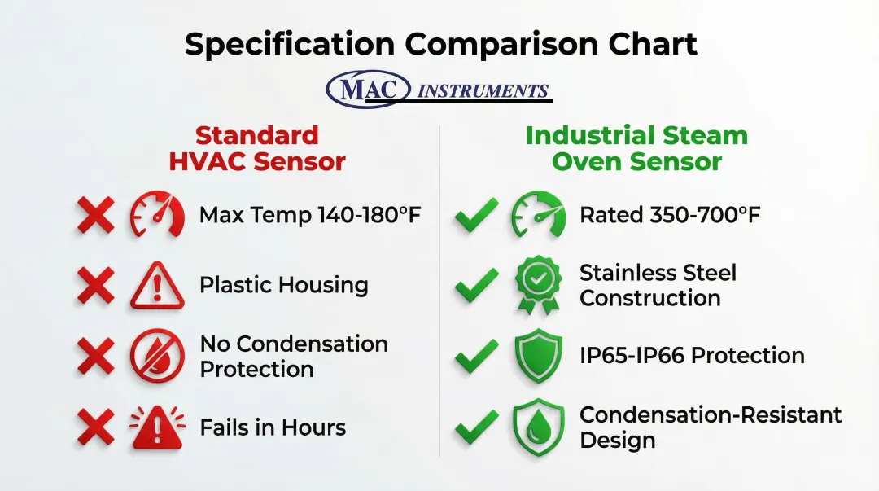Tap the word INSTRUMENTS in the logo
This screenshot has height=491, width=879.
[x=483, y=91]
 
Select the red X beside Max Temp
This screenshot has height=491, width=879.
[x=96, y=215]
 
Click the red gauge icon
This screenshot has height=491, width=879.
[x=158, y=214]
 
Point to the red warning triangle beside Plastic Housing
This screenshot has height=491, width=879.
[x=158, y=285]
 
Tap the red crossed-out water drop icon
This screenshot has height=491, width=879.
[x=158, y=356]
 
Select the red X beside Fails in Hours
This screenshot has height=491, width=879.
[x=96, y=427]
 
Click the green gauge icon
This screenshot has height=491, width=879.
[x=538, y=214]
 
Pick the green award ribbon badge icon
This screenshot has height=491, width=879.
[x=538, y=284]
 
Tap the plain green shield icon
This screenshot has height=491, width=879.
[x=538, y=356]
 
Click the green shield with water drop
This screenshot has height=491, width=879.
[x=538, y=427]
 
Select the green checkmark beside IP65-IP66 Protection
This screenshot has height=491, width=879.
[x=476, y=356]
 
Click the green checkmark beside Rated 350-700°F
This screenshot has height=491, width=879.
[x=476, y=215]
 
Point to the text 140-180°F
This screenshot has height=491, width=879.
[x=370, y=215]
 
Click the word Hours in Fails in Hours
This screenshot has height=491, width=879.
[x=313, y=427]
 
